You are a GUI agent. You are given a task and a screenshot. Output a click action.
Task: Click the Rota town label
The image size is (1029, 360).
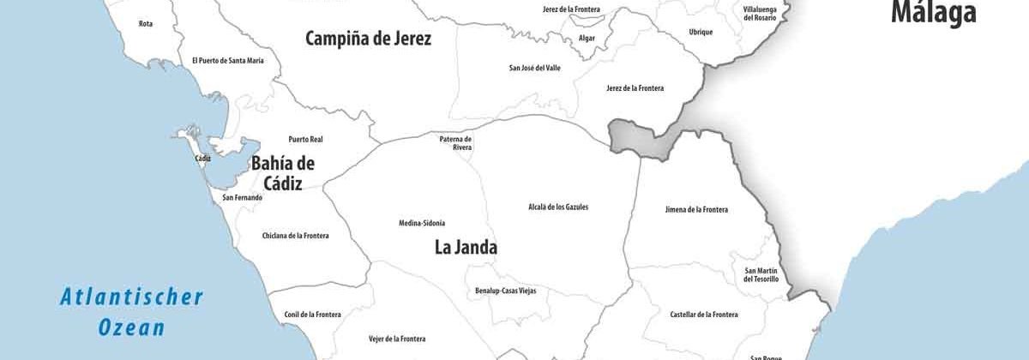[146, 24]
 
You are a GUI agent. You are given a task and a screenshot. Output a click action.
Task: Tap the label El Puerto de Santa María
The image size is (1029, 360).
[227, 61]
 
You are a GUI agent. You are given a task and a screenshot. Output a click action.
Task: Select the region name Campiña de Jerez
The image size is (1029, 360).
[368, 39]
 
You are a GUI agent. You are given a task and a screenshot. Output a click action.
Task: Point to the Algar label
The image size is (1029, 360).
[587, 39]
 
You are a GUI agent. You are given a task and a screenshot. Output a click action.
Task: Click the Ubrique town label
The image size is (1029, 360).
[701, 33]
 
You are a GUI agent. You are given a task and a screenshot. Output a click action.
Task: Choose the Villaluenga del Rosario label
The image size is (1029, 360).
[761, 14]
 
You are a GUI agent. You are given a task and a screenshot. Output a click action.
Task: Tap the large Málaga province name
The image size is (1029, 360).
[933, 13]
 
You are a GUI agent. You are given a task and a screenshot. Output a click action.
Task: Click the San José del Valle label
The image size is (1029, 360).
[534, 68]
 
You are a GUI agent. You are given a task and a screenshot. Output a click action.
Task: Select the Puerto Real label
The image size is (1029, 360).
[305, 139]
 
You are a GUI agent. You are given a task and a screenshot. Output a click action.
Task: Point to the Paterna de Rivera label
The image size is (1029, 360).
[456, 143]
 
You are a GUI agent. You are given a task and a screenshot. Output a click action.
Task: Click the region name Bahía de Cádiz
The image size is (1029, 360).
[282, 172]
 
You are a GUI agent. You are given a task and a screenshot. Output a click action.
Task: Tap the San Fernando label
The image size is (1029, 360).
[243, 198]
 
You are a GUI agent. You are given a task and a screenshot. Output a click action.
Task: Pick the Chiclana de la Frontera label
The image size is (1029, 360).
[295, 236]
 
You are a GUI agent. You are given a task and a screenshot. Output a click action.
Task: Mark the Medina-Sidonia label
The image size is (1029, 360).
[422, 224]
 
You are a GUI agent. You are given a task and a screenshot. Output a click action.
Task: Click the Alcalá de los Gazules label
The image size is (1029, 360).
[558, 207]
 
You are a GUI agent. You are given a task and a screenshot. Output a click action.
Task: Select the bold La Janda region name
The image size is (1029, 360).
[466, 248]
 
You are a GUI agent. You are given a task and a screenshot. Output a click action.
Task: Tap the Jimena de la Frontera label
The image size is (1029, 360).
[696, 210]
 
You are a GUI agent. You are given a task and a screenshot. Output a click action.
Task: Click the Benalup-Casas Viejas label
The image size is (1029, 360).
[512, 291]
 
